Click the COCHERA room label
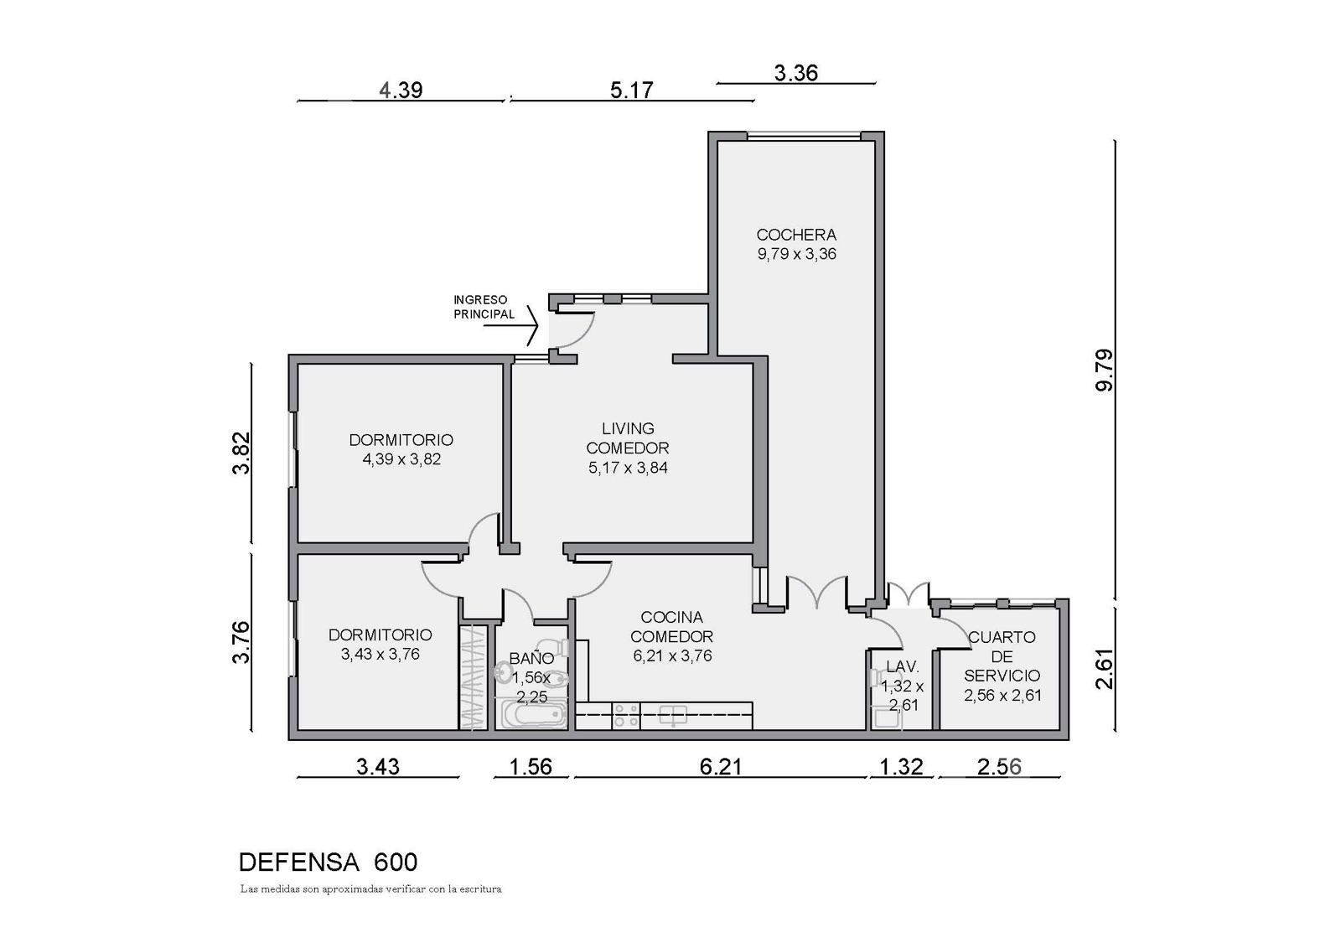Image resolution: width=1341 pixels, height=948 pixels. click(796, 234)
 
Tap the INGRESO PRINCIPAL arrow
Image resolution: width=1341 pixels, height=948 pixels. click(511, 326)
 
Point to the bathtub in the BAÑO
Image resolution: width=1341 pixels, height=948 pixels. click(533, 715)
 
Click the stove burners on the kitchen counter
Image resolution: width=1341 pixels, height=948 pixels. click(626, 716)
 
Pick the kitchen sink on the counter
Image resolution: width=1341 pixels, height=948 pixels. click(674, 714)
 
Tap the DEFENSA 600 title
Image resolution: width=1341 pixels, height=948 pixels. click(328, 863)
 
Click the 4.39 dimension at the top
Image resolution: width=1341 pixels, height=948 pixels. click(401, 90)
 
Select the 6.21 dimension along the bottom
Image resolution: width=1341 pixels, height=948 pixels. click(721, 767)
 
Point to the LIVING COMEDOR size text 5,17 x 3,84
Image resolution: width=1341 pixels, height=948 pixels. click(628, 468)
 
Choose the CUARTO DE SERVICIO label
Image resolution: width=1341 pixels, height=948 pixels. click(1002, 656)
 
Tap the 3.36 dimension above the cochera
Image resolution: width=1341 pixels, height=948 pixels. click(795, 73)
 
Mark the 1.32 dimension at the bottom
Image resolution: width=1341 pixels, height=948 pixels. click(901, 767)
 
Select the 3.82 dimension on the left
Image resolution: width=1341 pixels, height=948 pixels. click(241, 453)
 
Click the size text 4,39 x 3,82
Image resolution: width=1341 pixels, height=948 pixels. click(401, 459)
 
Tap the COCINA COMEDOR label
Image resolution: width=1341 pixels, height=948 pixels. click(671, 626)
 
